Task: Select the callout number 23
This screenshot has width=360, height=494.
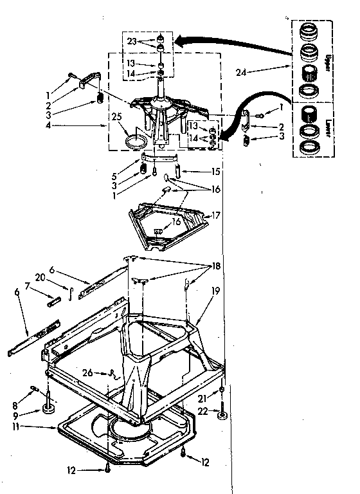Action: [131, 40]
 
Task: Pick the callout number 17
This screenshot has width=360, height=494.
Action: [217, 215]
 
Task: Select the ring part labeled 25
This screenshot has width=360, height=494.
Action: [135, 140]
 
